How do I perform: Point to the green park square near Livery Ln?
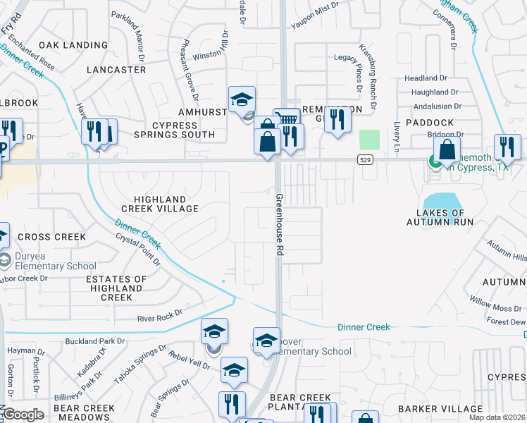(369, 140)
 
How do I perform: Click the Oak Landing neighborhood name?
(73, 45)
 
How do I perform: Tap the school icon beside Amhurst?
(242, 100)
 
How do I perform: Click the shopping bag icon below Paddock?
(447, 149)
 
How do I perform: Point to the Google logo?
(23, 415)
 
